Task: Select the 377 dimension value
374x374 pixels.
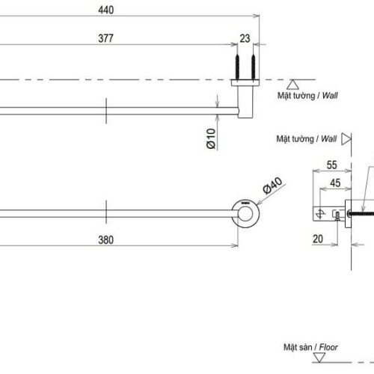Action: point(104,39)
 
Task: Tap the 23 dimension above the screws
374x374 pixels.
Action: point(245,39)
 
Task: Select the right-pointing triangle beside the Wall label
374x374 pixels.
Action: point(346,139)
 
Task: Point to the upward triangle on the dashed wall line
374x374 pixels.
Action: point(294,85)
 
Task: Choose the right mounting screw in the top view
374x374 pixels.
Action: point(255,67)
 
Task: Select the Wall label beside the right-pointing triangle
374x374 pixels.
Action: point(326,139)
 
